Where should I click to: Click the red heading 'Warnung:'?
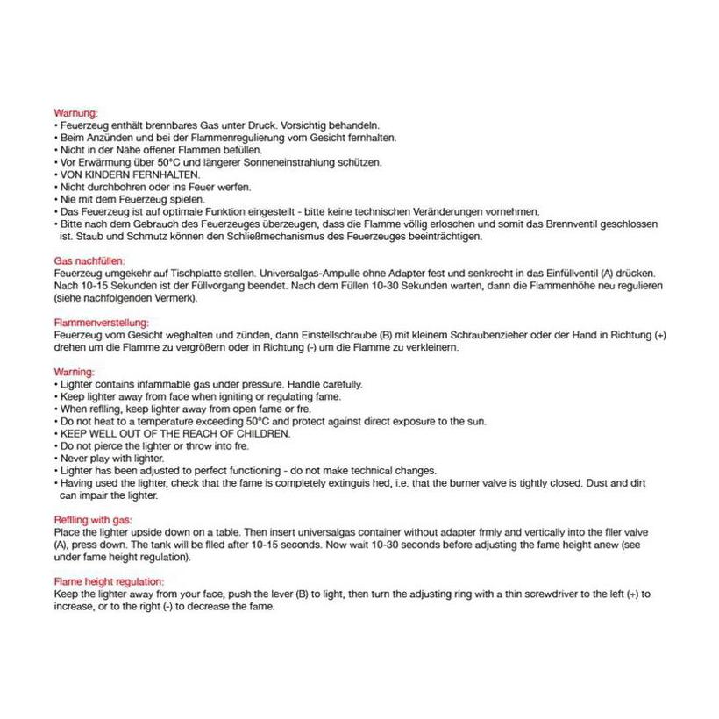click(75, 113)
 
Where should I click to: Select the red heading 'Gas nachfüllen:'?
click(89, 261)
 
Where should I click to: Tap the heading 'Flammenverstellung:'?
click(101, 323)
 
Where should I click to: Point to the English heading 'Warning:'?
click(75, 372)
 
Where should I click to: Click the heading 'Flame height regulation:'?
click(109, 581)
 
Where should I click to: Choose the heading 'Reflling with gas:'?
click(93, 520)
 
